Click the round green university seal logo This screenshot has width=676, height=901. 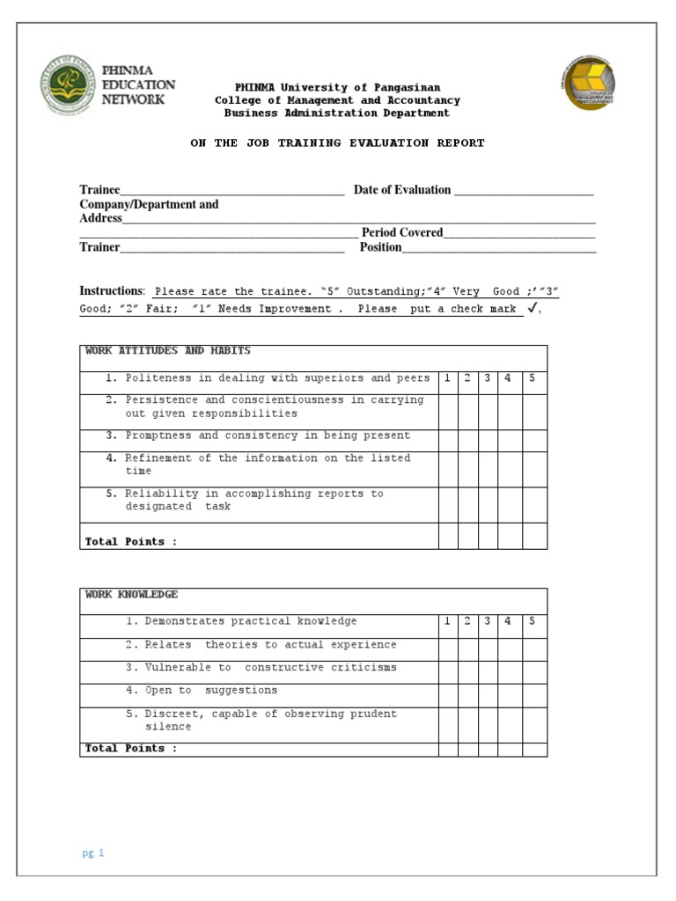point(67,86)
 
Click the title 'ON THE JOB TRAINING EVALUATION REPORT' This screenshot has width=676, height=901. point(337,143)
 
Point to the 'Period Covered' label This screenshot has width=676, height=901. point(401,233)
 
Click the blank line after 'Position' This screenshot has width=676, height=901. point(499,249)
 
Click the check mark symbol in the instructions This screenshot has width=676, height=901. point(531,308)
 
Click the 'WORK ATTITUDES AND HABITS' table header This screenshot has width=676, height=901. point(168,351)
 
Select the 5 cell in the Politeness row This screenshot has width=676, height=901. point(533,378)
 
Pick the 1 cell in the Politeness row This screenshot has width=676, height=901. point(447,378)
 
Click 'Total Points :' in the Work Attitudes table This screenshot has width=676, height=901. point(130,542)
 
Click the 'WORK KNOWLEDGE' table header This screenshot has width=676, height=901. point(132,595)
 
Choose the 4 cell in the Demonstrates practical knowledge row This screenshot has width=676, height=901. point(509,621)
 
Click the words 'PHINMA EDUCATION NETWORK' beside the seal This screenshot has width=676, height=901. point(138,85)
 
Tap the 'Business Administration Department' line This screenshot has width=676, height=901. point(337,113)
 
